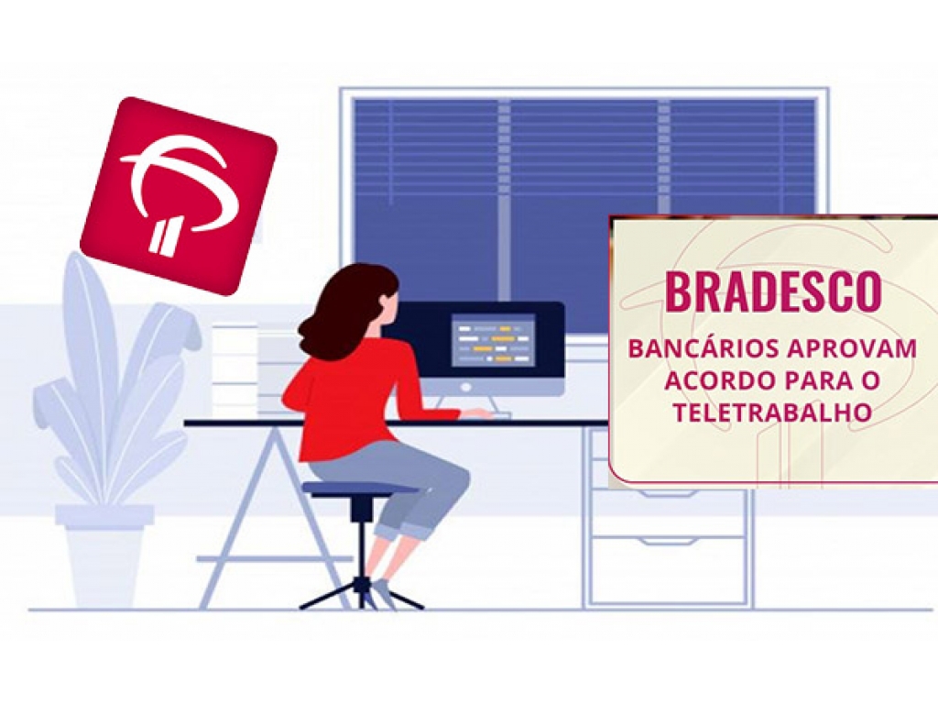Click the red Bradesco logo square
tap(179, 197)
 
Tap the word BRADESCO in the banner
tap(773, 291)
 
